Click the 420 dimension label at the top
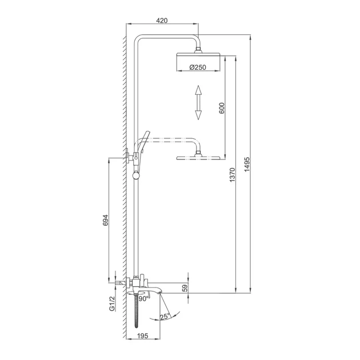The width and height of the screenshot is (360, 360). tap(162, 21)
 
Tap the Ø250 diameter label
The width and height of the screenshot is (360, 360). tap(198, 67)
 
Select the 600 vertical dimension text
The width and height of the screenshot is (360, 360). tap(222, 108)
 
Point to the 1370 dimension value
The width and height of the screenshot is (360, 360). tap(233, 175)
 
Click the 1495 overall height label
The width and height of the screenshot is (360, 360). tap(247, 165)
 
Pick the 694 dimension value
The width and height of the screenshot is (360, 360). tap(105, 220)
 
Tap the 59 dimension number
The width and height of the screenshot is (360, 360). tap(185, 288)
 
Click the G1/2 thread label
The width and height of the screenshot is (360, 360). tap(112, 303)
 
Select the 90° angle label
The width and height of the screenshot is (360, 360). tap(144, 299)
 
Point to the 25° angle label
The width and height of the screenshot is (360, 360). tap(165, 317)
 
